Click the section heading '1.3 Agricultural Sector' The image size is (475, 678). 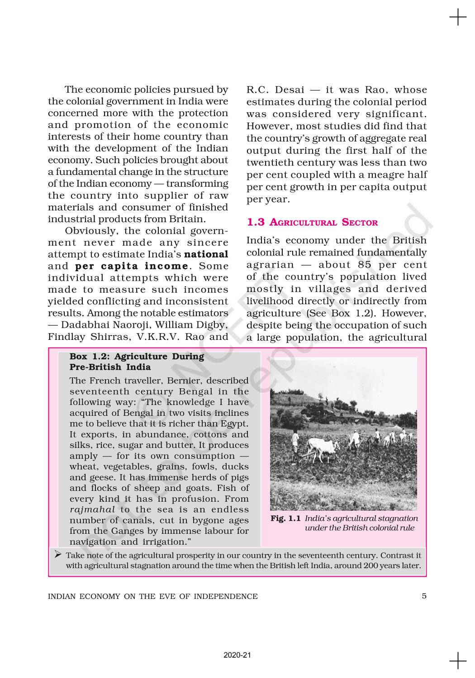click(x=312, y=222)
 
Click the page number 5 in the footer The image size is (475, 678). click(x=424, y=596)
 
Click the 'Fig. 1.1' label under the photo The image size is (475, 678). click(x=285, y=518)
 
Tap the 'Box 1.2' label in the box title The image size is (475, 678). click(x=86, y=357)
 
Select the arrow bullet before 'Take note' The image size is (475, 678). click(x=58, y=555)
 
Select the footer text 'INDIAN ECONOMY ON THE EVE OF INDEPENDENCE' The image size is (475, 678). click(x=152, y=596)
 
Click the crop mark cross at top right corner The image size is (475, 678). click(x=458, y=18)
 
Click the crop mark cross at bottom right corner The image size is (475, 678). click(x=458, y=660)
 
